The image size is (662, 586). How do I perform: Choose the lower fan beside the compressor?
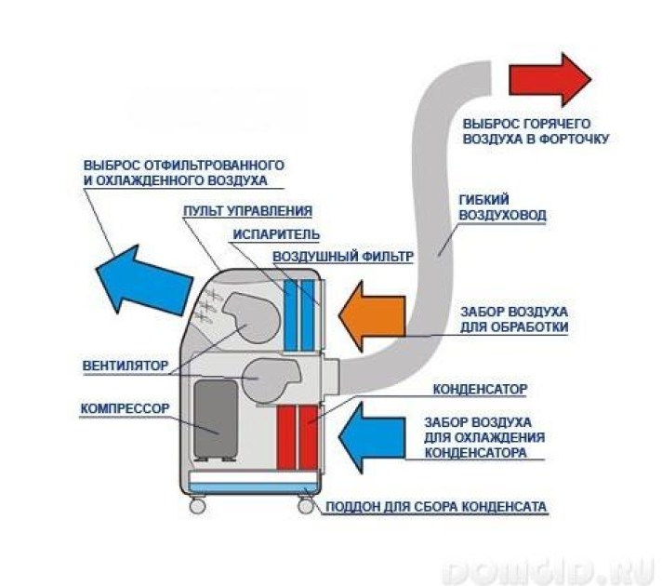[x=269, y=377]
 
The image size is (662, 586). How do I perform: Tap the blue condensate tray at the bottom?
[x=251, y=482]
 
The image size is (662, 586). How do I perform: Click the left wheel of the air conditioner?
[x=198, y=506]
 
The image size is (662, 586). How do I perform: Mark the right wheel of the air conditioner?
[x=305, y=506]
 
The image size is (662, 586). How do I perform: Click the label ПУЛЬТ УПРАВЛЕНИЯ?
[x=246, y=211]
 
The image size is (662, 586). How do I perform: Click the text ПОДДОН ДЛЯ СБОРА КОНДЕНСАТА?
[x=436, y=508]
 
